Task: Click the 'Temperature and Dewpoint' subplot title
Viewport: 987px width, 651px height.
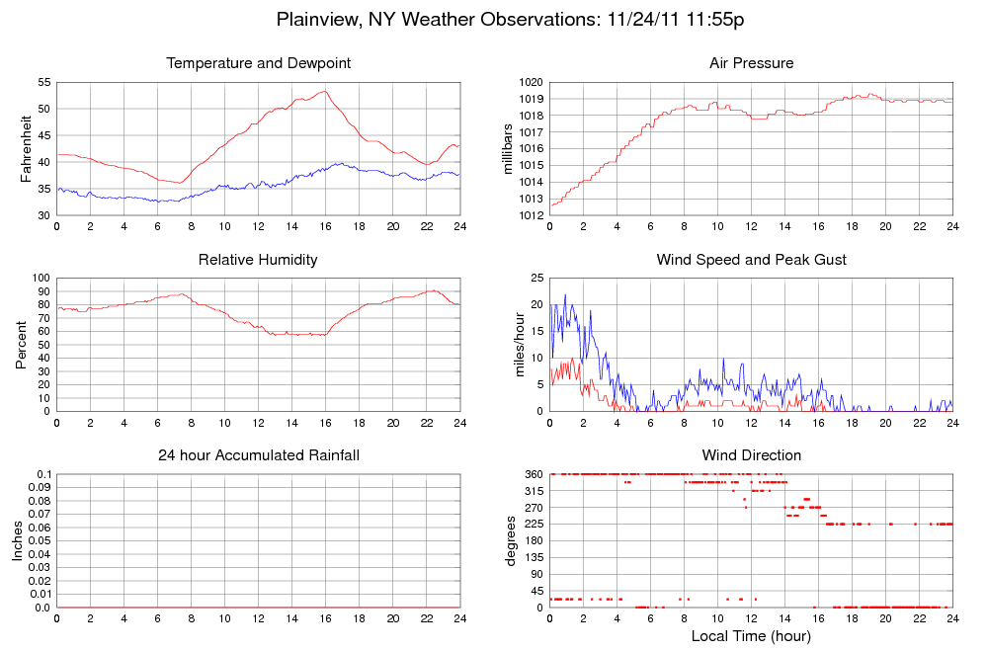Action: pos(259,64)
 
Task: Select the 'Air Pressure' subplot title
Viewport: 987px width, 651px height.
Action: pos(751,64)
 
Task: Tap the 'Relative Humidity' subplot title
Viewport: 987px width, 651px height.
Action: pos(259,260)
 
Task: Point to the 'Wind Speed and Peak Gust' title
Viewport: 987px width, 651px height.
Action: pos(751,260)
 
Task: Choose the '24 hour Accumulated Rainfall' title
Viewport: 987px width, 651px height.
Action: pos(259,455)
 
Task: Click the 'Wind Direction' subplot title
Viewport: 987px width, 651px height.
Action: pos(751,455)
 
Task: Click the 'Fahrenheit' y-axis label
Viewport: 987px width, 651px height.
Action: pos(27,148)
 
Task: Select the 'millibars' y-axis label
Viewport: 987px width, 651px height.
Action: pos(509,148)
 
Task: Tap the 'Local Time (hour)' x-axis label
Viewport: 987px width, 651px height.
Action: pos(751,635)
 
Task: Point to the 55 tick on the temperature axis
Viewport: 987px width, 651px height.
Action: pos(44,82)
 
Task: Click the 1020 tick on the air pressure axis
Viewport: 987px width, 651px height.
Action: pos(530,82)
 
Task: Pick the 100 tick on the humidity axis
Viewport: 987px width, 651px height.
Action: pos(41,278)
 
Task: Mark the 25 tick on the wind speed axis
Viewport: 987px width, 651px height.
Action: pos(536,278)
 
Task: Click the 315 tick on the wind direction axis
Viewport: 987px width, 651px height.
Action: pos(533,491)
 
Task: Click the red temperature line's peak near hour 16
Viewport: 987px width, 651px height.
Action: pos(324,91)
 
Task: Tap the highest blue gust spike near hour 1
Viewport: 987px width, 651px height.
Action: pos(565,294)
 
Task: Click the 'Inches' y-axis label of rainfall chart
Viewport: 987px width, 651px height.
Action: pos(18,540)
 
